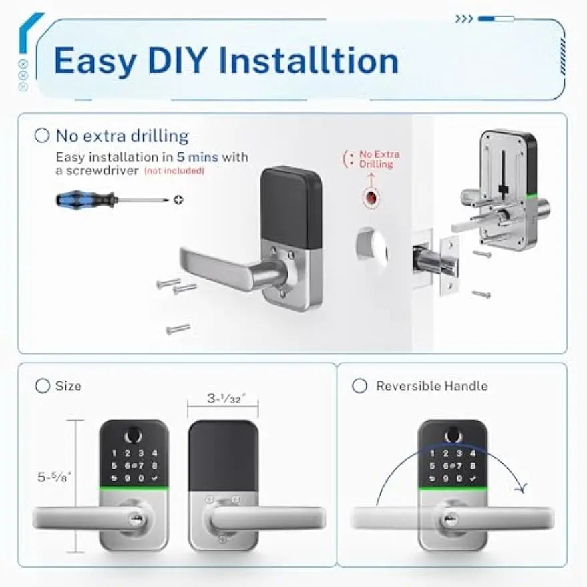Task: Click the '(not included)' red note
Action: click(174, 171)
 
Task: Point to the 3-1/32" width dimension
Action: click(222, 399)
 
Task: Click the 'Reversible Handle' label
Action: click(431, 386)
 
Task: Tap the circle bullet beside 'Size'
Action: click(43, 386)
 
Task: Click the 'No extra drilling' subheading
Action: click(122, 136)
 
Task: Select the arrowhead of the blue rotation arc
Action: click(523, 489)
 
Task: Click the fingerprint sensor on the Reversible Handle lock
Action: click(452, 435)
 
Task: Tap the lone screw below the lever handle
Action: click(178, 329)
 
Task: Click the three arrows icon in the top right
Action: click(464, 19)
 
